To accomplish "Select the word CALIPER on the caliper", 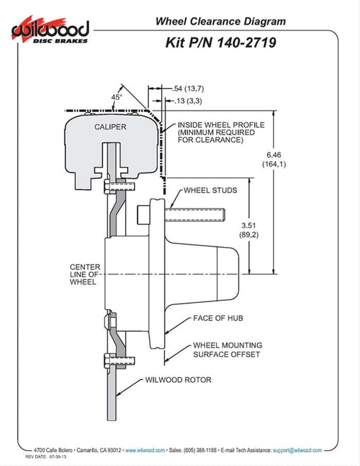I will point(110,126).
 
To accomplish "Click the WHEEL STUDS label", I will point(210,190).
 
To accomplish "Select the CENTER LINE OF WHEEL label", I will point(85,274).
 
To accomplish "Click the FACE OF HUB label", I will point(218,318).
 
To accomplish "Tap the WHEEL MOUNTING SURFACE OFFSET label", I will point(227,349).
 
